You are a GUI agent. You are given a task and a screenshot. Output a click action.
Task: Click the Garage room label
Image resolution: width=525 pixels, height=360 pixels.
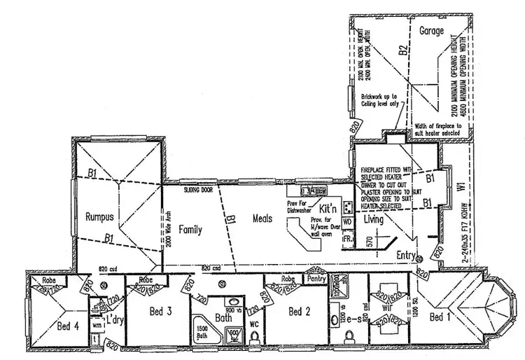(433, 32)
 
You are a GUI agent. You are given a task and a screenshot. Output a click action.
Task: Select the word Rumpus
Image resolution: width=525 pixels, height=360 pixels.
(99, 216)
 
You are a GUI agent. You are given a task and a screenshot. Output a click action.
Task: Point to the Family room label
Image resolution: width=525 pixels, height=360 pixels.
(190, 229)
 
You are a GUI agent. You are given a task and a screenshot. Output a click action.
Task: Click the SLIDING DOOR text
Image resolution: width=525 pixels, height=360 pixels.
(199, 190)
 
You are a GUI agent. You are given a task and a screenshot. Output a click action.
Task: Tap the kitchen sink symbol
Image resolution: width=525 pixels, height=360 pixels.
(309, 190)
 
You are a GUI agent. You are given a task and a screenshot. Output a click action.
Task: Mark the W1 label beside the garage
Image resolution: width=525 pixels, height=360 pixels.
(459, 188)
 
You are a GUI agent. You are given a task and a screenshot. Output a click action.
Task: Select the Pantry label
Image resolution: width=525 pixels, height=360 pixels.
(316, 277)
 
